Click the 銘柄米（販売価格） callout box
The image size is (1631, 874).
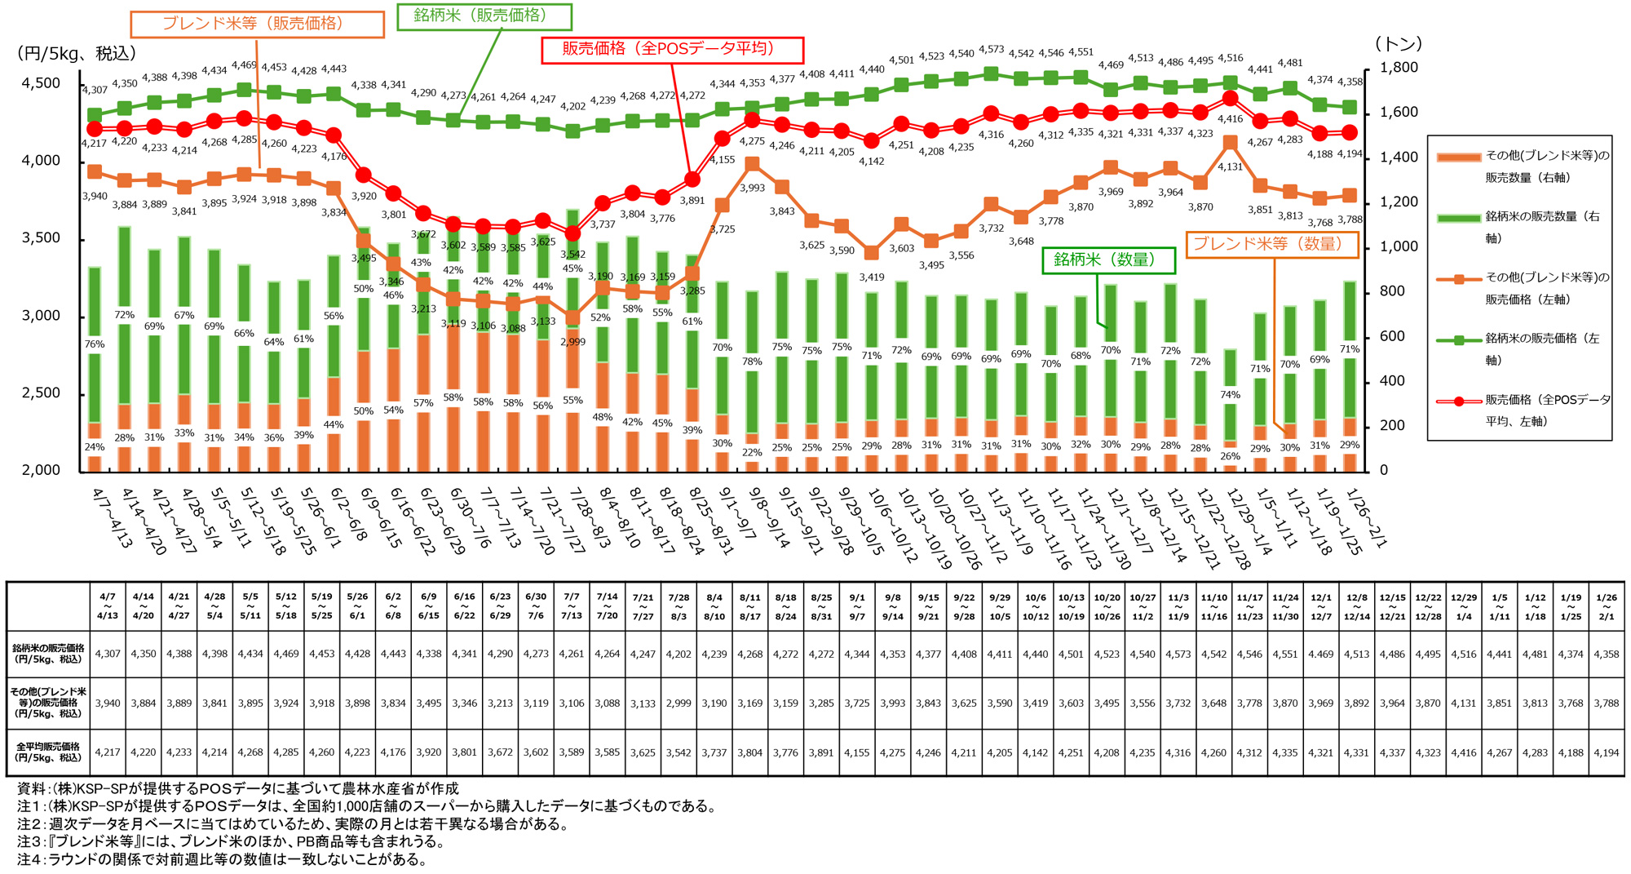484,16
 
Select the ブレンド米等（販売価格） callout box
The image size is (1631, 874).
257,24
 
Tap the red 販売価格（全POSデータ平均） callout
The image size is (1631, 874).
672,50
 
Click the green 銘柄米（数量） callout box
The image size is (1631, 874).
1108,260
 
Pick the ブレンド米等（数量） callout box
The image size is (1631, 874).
1271,245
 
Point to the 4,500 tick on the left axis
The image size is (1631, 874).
41,83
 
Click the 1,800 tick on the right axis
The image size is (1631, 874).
1399,68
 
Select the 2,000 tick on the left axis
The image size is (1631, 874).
41,470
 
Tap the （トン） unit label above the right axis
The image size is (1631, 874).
1398,44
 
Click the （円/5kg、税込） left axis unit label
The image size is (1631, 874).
77,54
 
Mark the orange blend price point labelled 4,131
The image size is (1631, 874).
1231,143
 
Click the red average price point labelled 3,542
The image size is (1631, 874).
572,233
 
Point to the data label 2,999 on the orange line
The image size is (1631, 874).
572,342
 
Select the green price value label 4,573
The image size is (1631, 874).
991,50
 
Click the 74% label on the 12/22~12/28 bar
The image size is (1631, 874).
1231,395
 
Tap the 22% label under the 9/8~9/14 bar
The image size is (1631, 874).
752,452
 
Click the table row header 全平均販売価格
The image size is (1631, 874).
48,752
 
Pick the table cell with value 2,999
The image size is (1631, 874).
678,703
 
